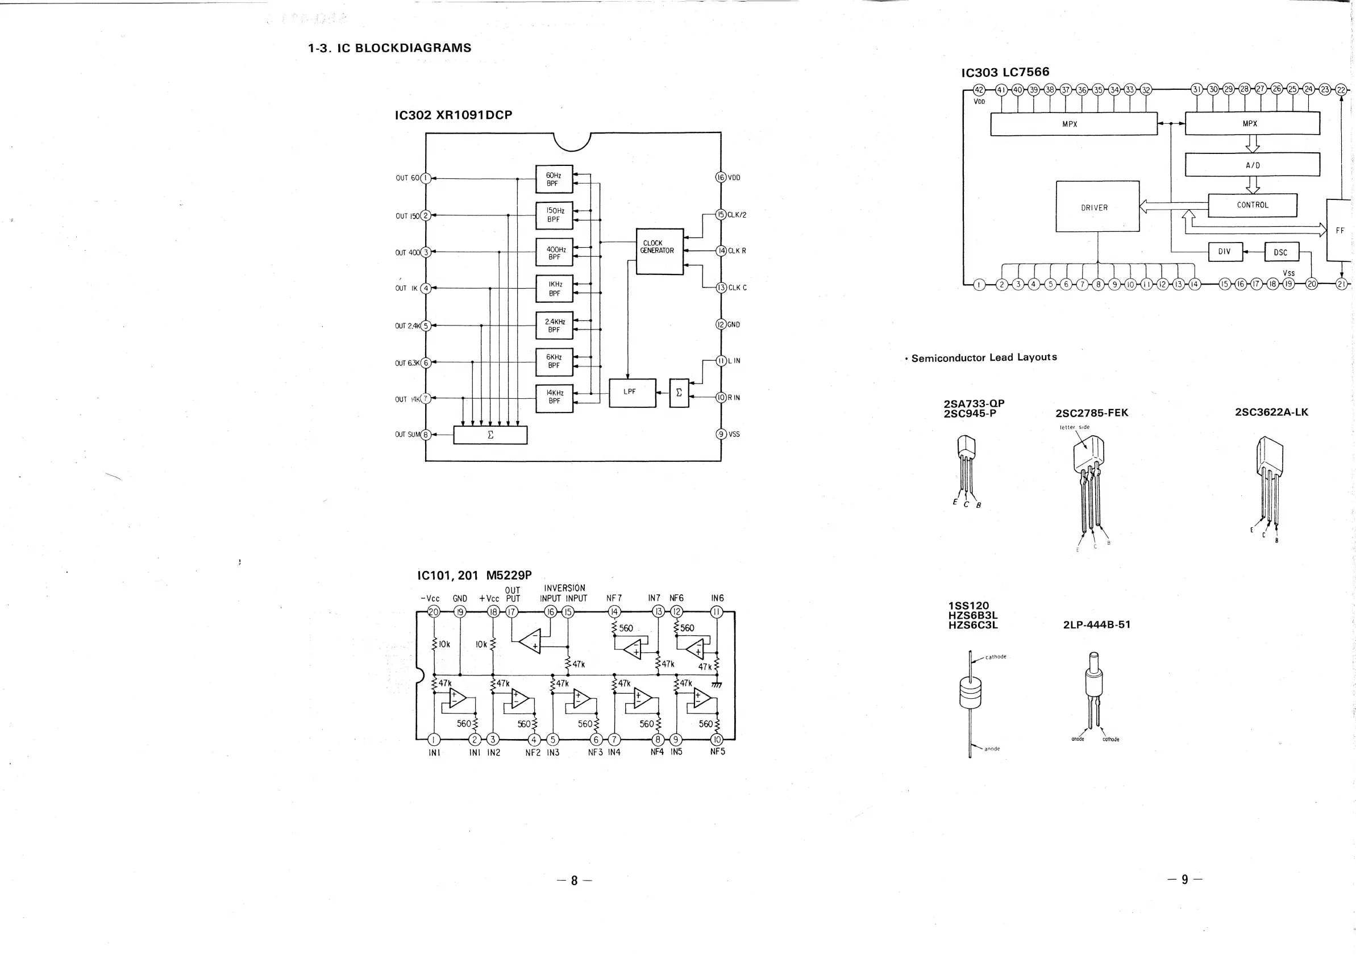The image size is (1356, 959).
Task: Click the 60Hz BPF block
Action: click(x=554, y=179)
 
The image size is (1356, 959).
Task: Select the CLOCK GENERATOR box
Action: click(x=659, y=251)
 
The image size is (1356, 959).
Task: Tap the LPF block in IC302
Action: click(x=632, y=393)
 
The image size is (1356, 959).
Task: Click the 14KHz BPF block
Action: click(x=554, y=399)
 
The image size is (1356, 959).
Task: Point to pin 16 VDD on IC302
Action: click(x=721, y=177)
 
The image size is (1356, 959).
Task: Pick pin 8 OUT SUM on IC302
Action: click(x=426, y=435)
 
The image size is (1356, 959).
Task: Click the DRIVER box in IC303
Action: click(x=1097, y=207)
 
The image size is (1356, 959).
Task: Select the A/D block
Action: click(x=1252, y=165)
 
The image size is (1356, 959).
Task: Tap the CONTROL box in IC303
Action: click(x=1252, y=205)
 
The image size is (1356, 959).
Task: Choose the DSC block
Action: click(x=1282, y=252)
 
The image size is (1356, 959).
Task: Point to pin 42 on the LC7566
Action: click(x=979, y=90)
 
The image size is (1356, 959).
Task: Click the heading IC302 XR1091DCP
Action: click(x=453, y=115)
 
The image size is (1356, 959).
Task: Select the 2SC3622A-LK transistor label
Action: click(x=1271, y=412)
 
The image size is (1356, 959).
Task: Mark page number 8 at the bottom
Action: click(x=573, y=881)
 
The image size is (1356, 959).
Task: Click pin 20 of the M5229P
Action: click(x=434, y=612)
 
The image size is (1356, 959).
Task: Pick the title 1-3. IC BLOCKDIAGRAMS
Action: click(x=389, y=48)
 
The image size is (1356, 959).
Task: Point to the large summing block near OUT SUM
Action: click(x=490, y=435)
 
